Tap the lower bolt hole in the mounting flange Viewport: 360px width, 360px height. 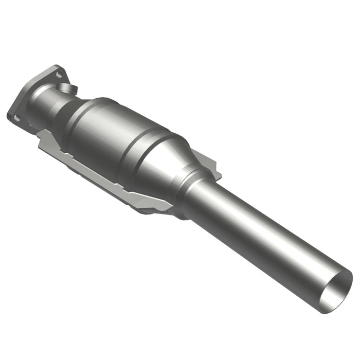pyautogui.click(x=17, y=118)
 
